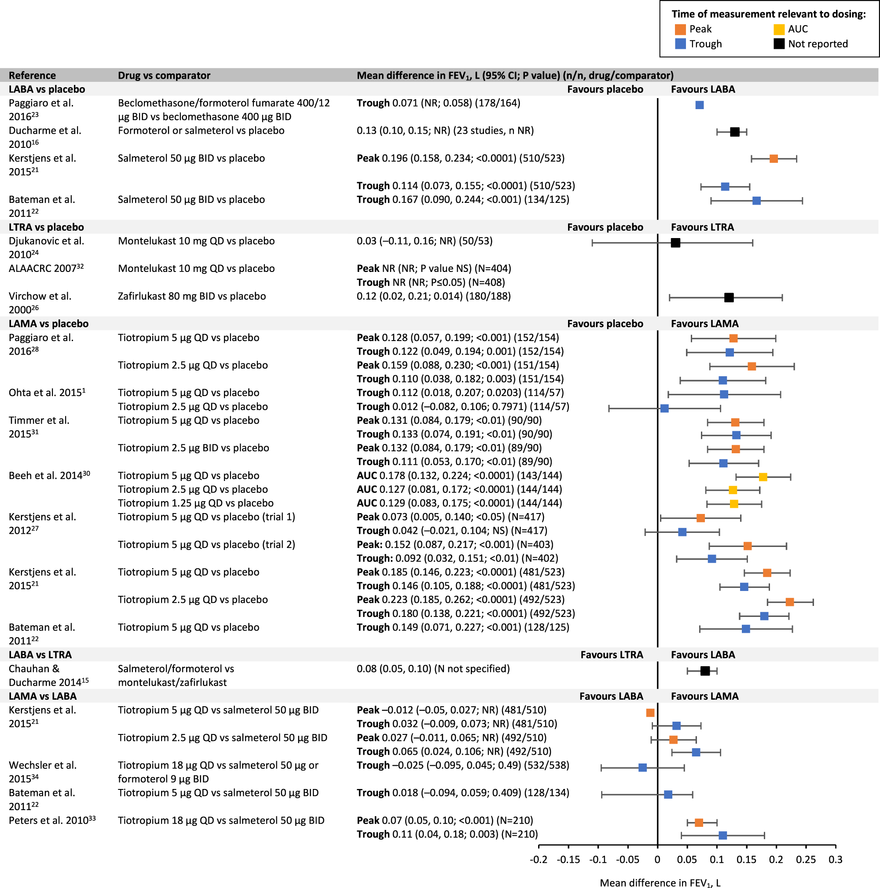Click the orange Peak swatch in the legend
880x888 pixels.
680,29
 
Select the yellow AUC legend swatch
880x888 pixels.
779,29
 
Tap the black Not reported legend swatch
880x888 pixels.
779,44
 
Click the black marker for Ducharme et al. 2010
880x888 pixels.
735,132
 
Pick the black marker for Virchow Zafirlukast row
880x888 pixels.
729,298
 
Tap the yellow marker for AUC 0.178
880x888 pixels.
763,477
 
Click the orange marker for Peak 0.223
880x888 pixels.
789,602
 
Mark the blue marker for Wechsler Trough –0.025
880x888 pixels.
642,767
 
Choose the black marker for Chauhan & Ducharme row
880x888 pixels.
705,671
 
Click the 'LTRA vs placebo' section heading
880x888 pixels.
46,227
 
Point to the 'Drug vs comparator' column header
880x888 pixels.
164,75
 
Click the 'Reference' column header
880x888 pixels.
32,75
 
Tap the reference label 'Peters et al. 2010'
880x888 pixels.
52,820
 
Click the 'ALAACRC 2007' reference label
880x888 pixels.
46,268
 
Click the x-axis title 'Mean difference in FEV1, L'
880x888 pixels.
660,882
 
